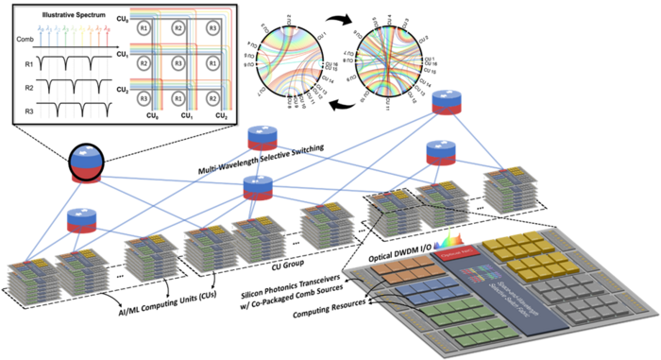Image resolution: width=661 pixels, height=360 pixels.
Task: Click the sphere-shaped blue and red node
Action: (86, 164)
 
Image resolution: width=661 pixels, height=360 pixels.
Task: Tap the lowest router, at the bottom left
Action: (82, 221)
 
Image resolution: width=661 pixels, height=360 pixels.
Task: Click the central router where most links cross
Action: (258, 187)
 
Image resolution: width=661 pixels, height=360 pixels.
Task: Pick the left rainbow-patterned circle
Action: (289, 58)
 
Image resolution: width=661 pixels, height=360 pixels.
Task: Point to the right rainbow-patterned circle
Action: (388, 58)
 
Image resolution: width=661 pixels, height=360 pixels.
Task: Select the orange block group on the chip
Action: (401, 271)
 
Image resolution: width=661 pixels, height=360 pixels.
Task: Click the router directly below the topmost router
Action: (441, 152)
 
